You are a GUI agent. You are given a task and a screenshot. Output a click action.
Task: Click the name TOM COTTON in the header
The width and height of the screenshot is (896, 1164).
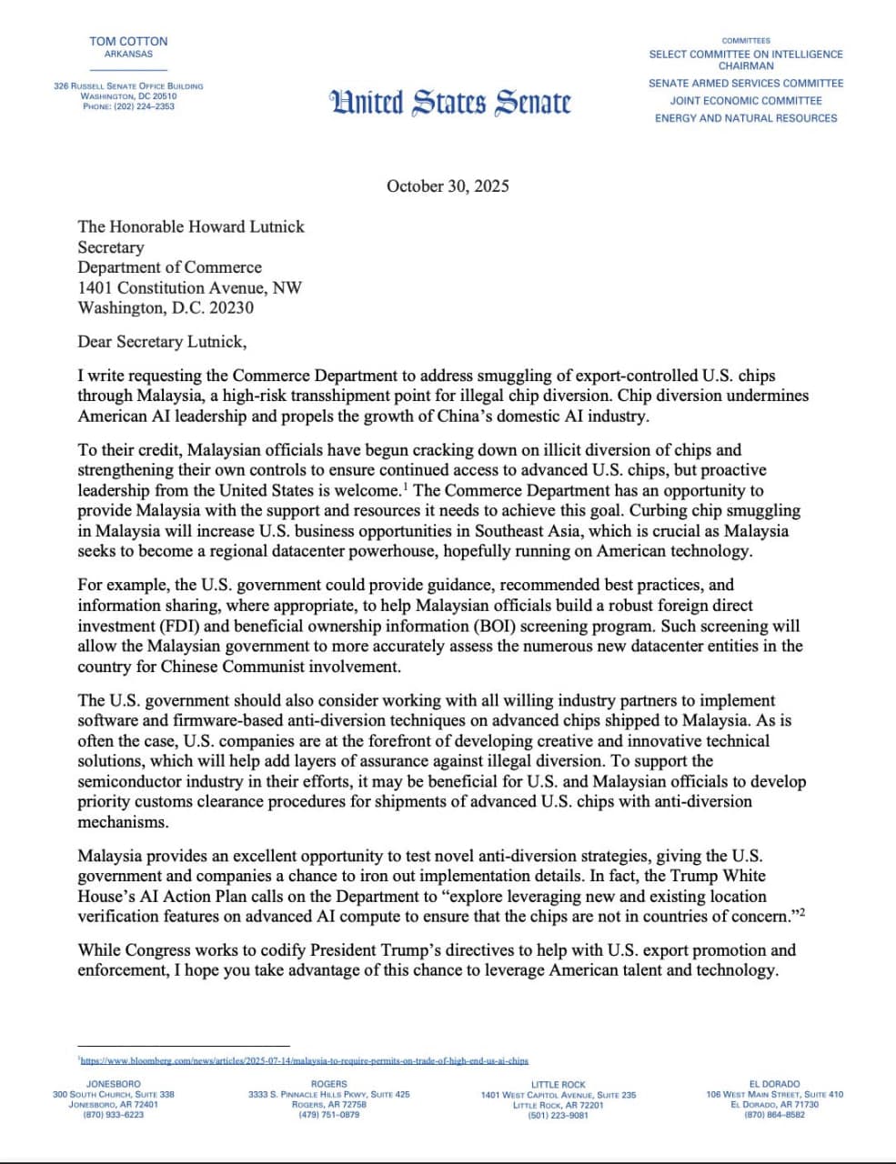pos(128,41)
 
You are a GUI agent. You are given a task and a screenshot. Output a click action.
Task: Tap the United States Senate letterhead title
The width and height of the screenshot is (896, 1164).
pos(451,102)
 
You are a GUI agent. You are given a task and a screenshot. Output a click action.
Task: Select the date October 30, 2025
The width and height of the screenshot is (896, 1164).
pos(448,186)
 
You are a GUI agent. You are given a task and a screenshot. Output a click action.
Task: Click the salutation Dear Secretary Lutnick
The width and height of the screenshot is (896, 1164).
pos(162,342)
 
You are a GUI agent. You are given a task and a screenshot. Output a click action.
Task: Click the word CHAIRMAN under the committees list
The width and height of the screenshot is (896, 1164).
pos(746,66)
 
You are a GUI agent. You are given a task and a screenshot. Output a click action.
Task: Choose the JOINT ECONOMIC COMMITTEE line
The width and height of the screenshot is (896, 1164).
pos(746,101)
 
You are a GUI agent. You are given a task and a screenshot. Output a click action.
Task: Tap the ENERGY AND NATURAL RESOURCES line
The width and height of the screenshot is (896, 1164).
pos(746,118)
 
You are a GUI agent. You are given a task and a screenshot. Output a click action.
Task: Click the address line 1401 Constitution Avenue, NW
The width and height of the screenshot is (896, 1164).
pos(189,287)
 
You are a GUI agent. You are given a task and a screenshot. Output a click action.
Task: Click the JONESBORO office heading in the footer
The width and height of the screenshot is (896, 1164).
pos(114,1084)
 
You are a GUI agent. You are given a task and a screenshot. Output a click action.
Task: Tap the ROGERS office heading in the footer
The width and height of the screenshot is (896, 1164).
pos(328,1084)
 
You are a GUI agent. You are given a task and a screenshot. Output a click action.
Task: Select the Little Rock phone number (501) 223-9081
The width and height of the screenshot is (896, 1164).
pos(558,1115)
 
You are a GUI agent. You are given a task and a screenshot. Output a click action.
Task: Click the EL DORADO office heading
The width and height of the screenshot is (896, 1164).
pos(774,1084)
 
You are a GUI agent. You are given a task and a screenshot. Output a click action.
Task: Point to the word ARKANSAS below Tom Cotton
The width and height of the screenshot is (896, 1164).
pos(128,55)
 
